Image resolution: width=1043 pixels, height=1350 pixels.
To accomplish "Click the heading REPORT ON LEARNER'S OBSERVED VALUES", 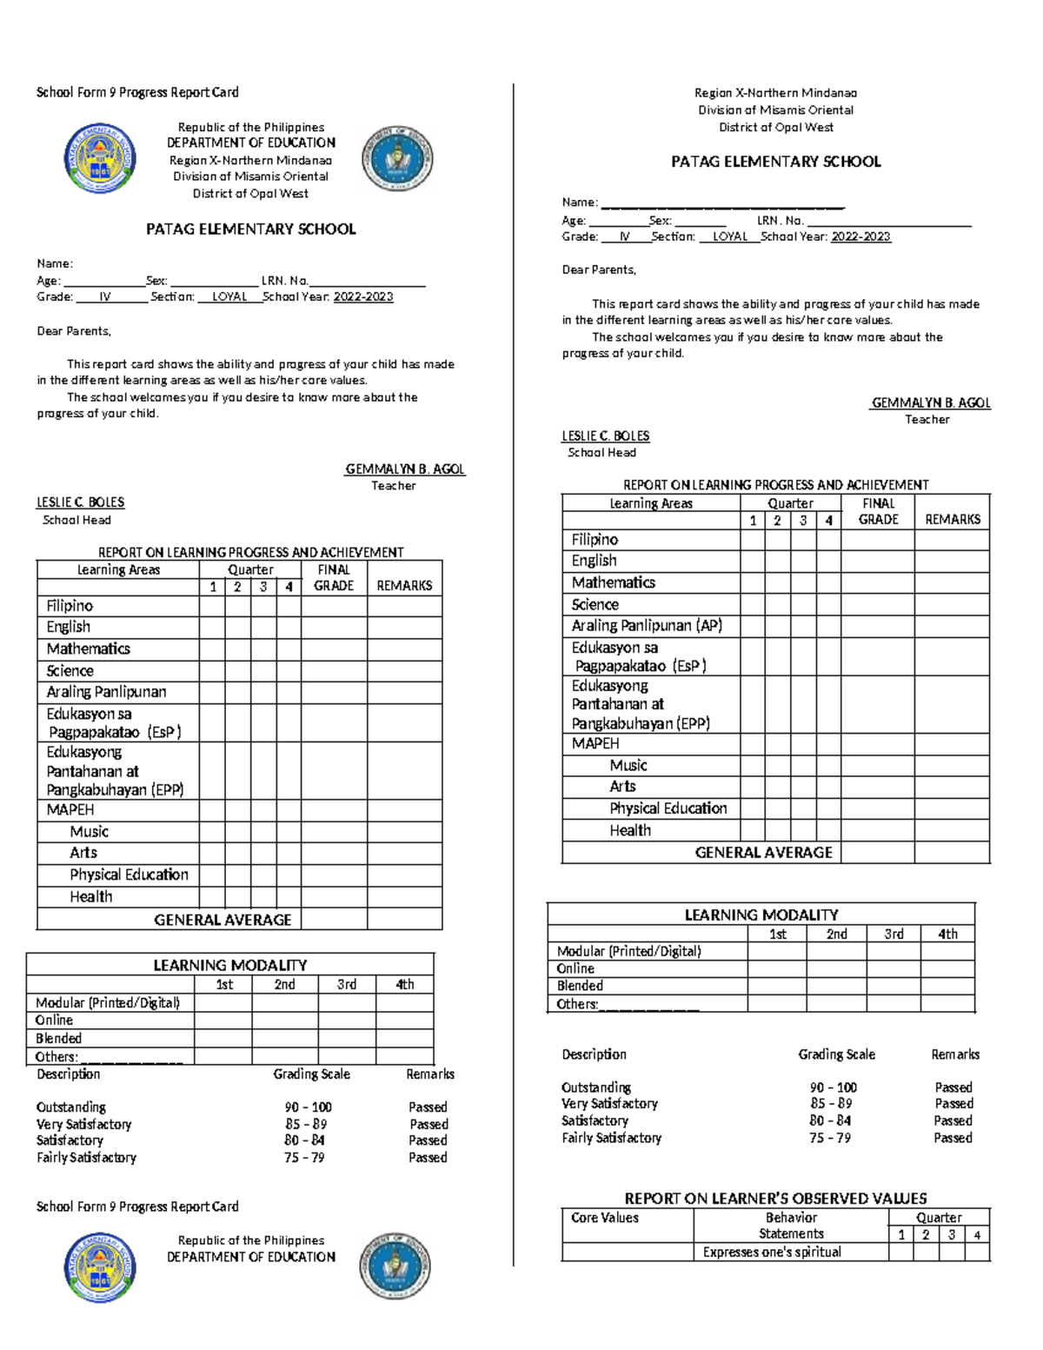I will pyautogui.click(x=775, y=1198).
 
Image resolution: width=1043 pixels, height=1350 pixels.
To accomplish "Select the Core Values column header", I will pyautogui.click(x=605, y=1218).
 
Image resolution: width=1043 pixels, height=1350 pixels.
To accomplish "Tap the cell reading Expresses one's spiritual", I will pyautogui.click(x=772, y=1252).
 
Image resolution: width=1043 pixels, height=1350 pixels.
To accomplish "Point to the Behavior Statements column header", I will pyautogui.click(x=790, y=1226).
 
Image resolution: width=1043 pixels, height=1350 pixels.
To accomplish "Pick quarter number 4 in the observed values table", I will pyautogui.click(x=978, y=1234).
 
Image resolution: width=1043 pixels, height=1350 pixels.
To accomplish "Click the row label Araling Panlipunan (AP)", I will pyautogui.click(x=647, y=626).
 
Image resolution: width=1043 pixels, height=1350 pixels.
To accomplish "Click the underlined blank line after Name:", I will pyautogui.click(x=722, y=203).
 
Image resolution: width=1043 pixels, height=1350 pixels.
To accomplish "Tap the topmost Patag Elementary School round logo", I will pyautogui.click(x=100, y=159).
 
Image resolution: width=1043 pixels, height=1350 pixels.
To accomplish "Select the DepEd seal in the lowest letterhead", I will pyautogui.click(x=395, y=1266).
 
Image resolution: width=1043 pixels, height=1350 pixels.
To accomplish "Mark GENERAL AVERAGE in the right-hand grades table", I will pyautogui.click(x=763, y=853).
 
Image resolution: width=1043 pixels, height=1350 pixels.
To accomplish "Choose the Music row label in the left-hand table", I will pyautogui.click(x=89, y=831).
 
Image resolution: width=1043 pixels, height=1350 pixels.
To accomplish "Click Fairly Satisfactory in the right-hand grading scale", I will pyautogui.click(x=611, y=1138).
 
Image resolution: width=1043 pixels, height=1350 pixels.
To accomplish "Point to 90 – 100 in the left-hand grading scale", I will pyautogui.click(x=308, y=1107).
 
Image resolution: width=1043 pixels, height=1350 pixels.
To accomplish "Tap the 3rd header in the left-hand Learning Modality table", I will pyautogui.click(x=346, y=984).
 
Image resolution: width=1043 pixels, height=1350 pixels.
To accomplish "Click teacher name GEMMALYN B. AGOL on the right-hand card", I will pyautogui.click(x=931, y=403).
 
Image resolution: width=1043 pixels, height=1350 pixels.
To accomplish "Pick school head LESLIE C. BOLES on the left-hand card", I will pyautogui.click(x=80, y=502).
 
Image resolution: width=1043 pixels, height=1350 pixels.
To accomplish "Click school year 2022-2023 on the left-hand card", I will pyautogui.click(x=363, y=296).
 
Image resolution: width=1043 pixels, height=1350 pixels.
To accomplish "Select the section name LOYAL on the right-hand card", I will pyautogui.click(x=730, y=236).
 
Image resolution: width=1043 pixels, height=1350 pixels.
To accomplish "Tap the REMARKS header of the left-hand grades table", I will pyautogui.click(x=404, y=586).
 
